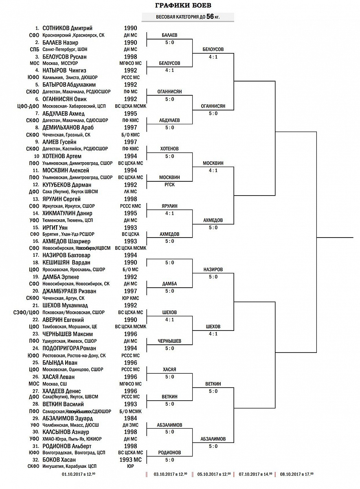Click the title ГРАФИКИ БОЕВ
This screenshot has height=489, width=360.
[183, 5]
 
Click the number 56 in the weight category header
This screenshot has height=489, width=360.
[210, 17]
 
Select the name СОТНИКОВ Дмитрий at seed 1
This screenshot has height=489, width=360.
[67, 29]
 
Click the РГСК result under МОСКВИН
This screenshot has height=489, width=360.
[169, 185]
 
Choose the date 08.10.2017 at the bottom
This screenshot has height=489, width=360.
[296, 474]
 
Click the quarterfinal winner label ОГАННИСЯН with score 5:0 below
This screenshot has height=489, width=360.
[213, 106]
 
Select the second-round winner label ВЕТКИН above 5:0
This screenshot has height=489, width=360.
[213, 384]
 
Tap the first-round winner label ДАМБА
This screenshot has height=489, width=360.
[169, 284]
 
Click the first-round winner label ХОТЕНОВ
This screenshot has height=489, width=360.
[169, 149]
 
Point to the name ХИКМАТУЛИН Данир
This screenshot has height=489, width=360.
[68, 213]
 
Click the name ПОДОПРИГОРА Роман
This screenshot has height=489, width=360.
[69, 348]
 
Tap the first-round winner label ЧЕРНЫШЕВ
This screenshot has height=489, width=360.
[169, 341]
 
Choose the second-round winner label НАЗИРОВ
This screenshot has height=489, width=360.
[213, 270]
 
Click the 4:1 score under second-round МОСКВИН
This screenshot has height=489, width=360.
[213, 170]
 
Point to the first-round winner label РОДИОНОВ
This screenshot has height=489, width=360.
[169, 453]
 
